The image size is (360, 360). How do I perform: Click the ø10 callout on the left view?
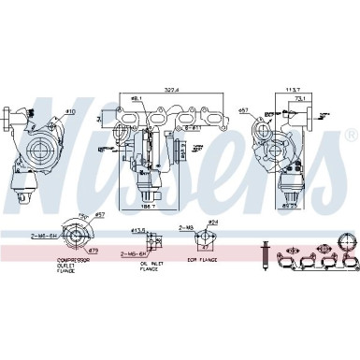[69, 112]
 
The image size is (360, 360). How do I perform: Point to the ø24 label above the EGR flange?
[212, 222]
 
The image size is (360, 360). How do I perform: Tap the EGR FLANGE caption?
[200, 260]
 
